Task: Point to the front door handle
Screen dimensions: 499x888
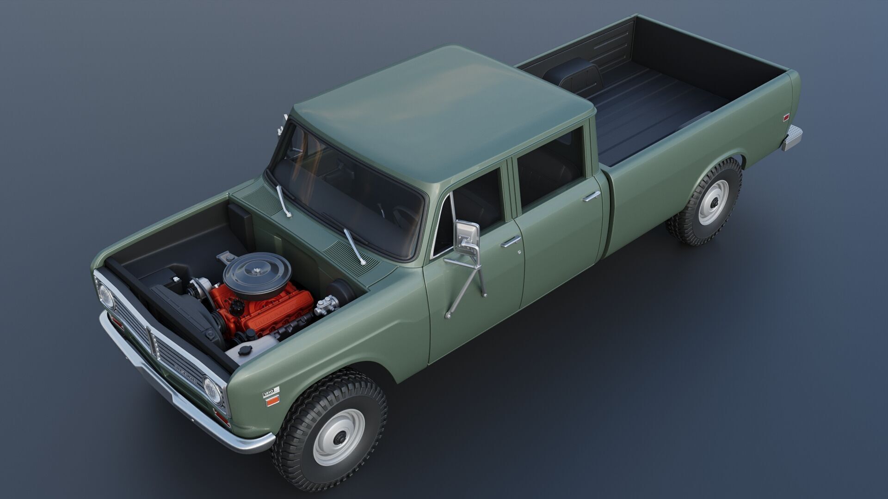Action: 510,240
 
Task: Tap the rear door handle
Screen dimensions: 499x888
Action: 592,196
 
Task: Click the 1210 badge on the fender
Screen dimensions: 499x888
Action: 271,392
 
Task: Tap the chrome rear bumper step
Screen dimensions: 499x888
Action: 792,137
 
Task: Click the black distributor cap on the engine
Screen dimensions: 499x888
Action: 238,305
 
